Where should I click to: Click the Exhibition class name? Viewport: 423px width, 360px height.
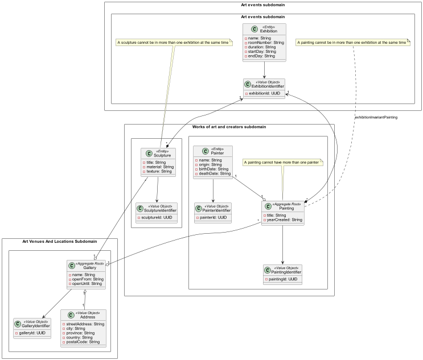(x=269, y=30)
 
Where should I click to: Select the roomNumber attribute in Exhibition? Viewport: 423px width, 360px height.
(x=264, y=42)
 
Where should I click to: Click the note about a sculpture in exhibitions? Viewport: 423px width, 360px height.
(x=174, y=43)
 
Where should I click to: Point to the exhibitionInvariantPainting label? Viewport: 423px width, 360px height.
(x=376, y=117)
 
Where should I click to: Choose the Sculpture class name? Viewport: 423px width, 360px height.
(x=163, y=155)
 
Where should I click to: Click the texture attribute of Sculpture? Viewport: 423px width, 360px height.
(x=158, y=171)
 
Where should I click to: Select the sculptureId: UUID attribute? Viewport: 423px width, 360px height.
(x=157, y=218)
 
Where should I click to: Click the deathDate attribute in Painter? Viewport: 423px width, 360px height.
(x=213, y=174)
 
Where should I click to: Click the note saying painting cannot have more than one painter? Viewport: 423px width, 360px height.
(x=283, y=163)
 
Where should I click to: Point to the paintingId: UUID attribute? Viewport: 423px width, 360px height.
(x=283, y=279)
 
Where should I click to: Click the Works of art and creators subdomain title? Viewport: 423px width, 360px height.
(x=229, y=126)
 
